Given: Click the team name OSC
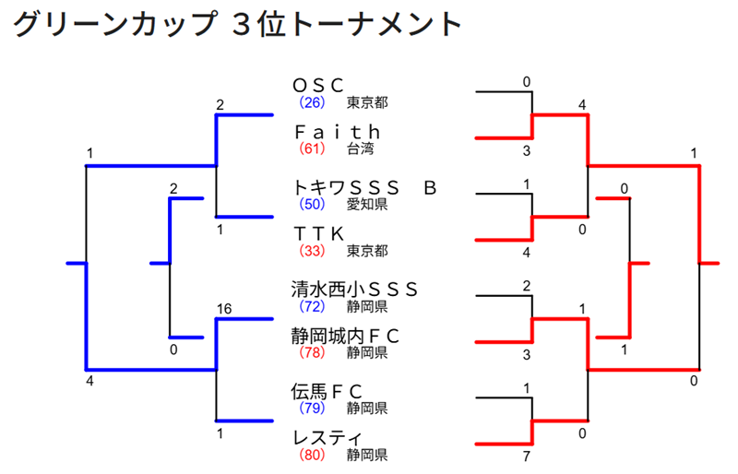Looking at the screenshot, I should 318,86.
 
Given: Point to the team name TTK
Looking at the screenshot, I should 318,233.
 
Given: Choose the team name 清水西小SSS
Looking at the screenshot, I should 355,289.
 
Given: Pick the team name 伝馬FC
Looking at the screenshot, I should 327,390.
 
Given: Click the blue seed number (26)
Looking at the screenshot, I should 310,101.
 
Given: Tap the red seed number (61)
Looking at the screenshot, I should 310,148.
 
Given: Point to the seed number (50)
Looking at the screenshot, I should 310,203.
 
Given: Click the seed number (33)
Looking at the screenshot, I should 310,250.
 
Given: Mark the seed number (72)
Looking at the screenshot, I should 310,305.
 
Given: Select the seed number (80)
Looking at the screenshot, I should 310,454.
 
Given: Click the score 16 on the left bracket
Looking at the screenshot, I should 223,308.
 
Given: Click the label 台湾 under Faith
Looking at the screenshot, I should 360,148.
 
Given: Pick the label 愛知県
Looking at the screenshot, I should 366,203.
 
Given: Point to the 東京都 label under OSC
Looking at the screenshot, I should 366,101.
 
